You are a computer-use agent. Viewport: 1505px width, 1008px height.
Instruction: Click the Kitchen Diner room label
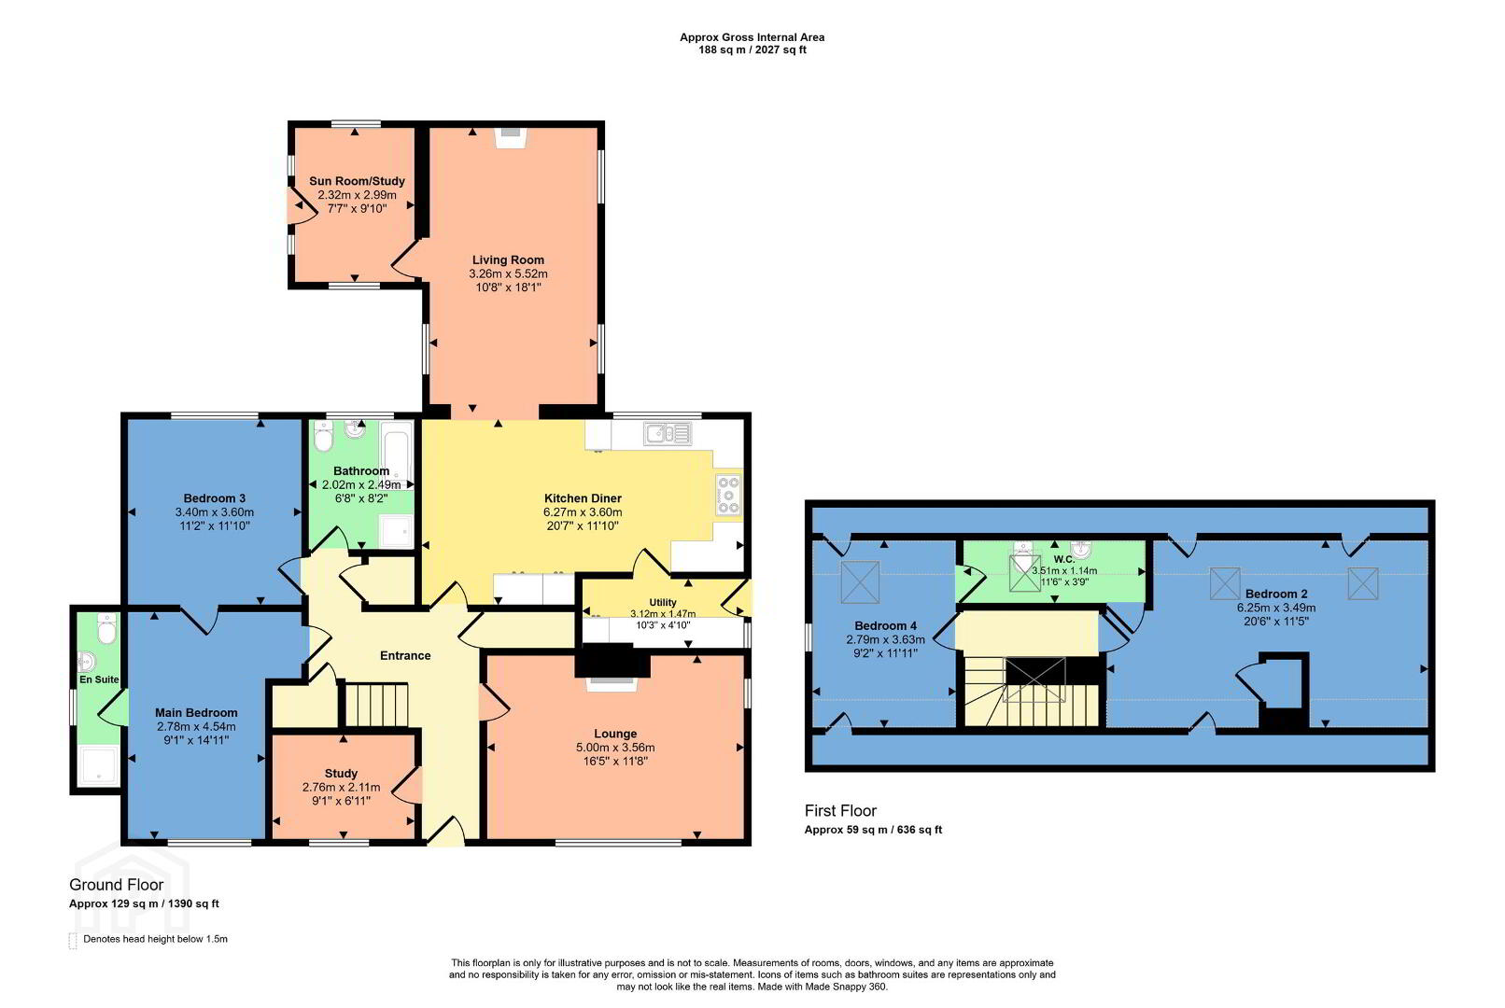583,498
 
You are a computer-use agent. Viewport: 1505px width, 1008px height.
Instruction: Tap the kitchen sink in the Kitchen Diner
668,433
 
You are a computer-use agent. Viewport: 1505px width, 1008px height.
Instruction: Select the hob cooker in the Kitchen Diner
728,495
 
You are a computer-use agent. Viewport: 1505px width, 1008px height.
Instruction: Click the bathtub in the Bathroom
397,452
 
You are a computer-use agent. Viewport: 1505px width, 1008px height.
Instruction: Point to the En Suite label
99,679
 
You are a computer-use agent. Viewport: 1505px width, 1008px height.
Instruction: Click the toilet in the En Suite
106,628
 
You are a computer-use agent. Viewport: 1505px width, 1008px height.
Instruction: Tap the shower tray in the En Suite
100,766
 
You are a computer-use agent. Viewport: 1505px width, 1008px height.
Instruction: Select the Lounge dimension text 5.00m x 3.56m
614,748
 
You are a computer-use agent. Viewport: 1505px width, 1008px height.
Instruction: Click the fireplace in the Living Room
512,137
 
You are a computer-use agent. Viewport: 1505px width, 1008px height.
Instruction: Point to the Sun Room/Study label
357,181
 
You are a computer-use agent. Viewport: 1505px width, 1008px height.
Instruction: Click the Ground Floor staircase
377,705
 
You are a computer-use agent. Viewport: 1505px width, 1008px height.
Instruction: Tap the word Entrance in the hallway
405,655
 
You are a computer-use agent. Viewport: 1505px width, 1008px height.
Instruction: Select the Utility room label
663,602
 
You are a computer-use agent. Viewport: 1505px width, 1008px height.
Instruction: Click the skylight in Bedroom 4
860,582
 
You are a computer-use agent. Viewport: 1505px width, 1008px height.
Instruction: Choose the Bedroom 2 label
1276,594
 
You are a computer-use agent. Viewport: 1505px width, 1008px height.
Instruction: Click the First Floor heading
840,810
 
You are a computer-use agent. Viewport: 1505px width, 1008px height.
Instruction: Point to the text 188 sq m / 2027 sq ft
752,50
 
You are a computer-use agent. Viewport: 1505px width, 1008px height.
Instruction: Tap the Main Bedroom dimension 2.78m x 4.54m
196,727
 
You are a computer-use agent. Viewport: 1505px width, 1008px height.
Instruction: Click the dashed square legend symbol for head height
73,940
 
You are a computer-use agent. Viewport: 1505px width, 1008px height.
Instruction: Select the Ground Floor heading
116,885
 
